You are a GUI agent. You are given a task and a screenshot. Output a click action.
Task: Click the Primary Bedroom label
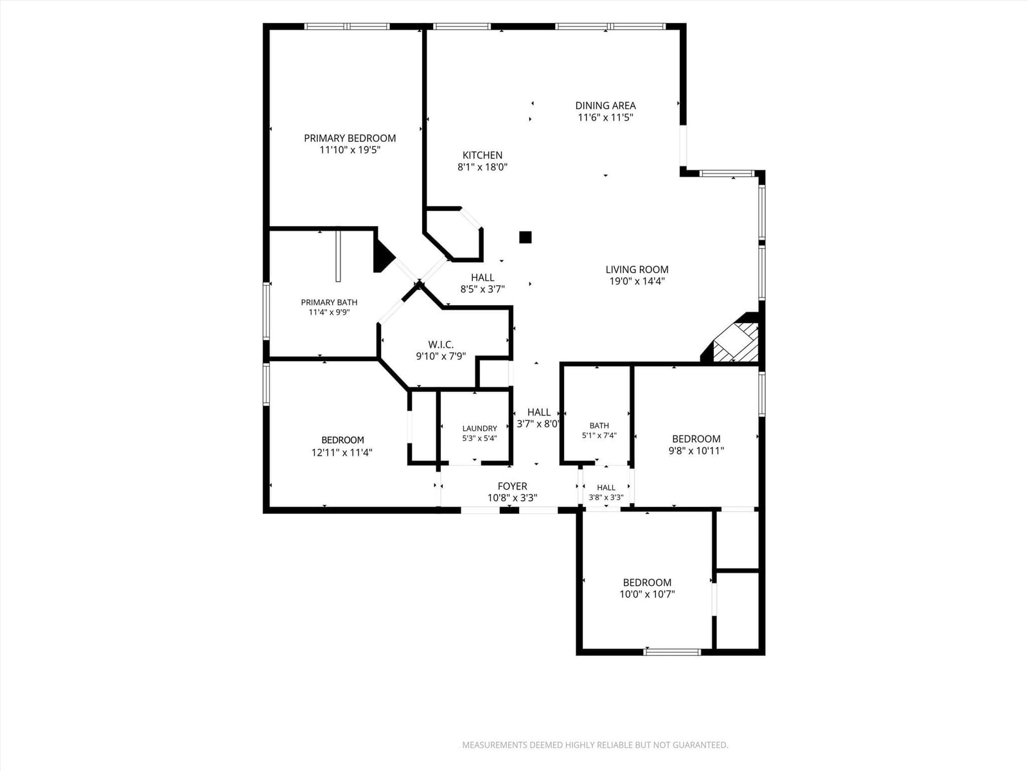tap(350, 138)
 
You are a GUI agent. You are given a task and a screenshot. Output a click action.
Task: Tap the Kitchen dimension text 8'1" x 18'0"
tap(483, 167)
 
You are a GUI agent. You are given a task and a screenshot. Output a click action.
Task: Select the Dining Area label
tap(606, 106)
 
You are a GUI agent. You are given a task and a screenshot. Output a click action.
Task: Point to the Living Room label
tap(637, 270)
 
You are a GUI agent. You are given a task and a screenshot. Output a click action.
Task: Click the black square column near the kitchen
tap(526, 237)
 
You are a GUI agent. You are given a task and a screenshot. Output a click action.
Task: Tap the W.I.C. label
tap(441, 344)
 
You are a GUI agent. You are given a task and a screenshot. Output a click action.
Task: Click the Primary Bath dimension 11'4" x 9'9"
tap(329, 312)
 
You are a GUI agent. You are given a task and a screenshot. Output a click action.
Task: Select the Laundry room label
tap(479, 429)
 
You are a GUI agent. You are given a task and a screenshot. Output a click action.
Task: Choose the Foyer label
tap(512, 486)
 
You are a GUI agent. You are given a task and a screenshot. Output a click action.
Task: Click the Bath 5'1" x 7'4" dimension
tap(599, 436)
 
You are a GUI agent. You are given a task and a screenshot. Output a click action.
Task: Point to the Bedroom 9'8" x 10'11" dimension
tap(696, 451)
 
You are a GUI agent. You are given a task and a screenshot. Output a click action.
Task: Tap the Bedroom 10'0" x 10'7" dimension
tap(647, 594)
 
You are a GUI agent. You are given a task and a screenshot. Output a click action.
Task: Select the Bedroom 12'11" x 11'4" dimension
tap(342, 453)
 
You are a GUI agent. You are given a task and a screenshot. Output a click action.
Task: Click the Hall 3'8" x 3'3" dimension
tap(606, 497)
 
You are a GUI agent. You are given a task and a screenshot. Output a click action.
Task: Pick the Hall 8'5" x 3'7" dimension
tap(483, 289)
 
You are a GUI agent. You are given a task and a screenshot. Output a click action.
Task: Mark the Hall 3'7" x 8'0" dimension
tap(538, 424)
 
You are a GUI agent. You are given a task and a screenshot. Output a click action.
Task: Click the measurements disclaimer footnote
tap(595, 745)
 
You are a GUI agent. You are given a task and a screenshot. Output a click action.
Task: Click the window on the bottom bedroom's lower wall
tap(673, 651)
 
